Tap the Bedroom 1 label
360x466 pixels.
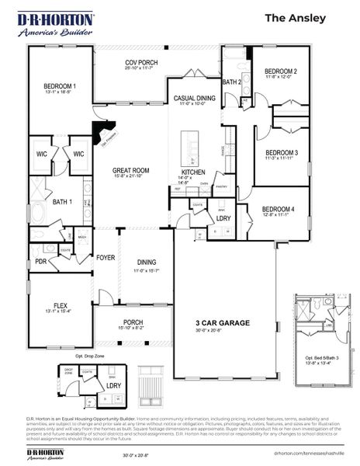(60, 85)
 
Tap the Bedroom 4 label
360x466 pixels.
(278, 209)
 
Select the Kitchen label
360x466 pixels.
(193, 172)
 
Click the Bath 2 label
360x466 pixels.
(231, 81)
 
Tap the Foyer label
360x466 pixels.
(106, 257)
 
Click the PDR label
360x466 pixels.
(40, 262)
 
